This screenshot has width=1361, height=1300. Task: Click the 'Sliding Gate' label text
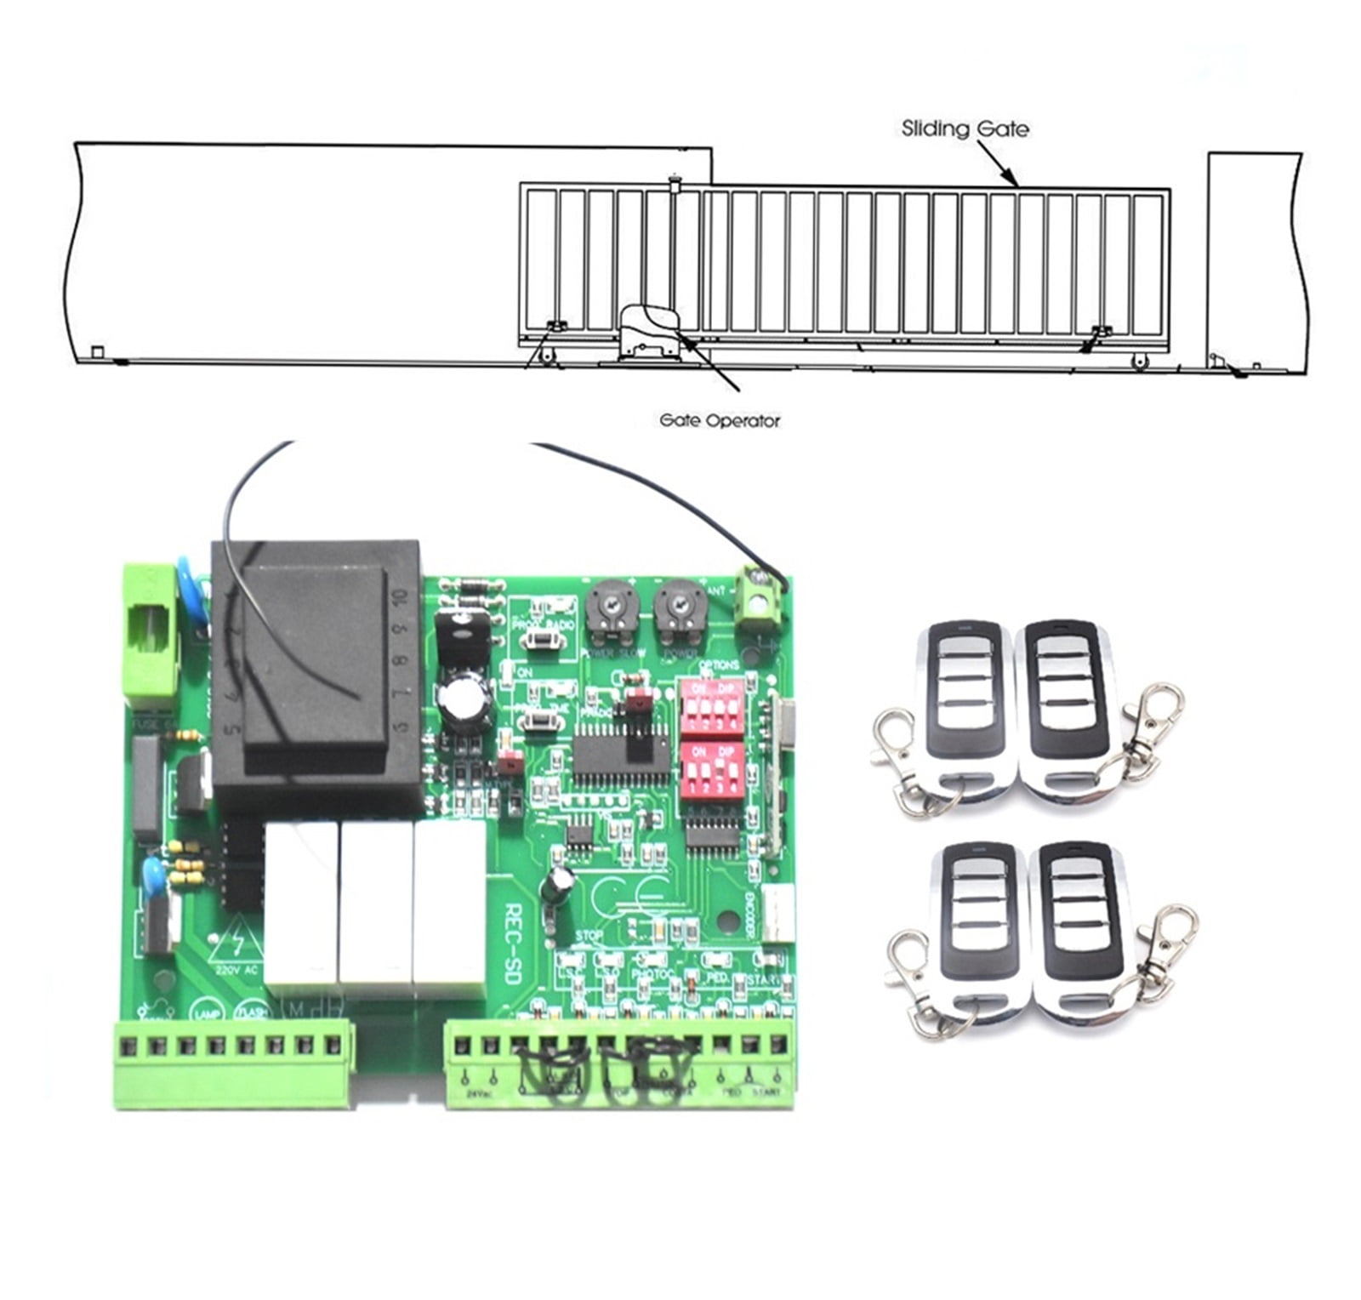point(965,129)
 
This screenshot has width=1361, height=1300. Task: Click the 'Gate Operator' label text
point(720,420)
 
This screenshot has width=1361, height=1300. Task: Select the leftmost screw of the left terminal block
point(129,1045)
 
